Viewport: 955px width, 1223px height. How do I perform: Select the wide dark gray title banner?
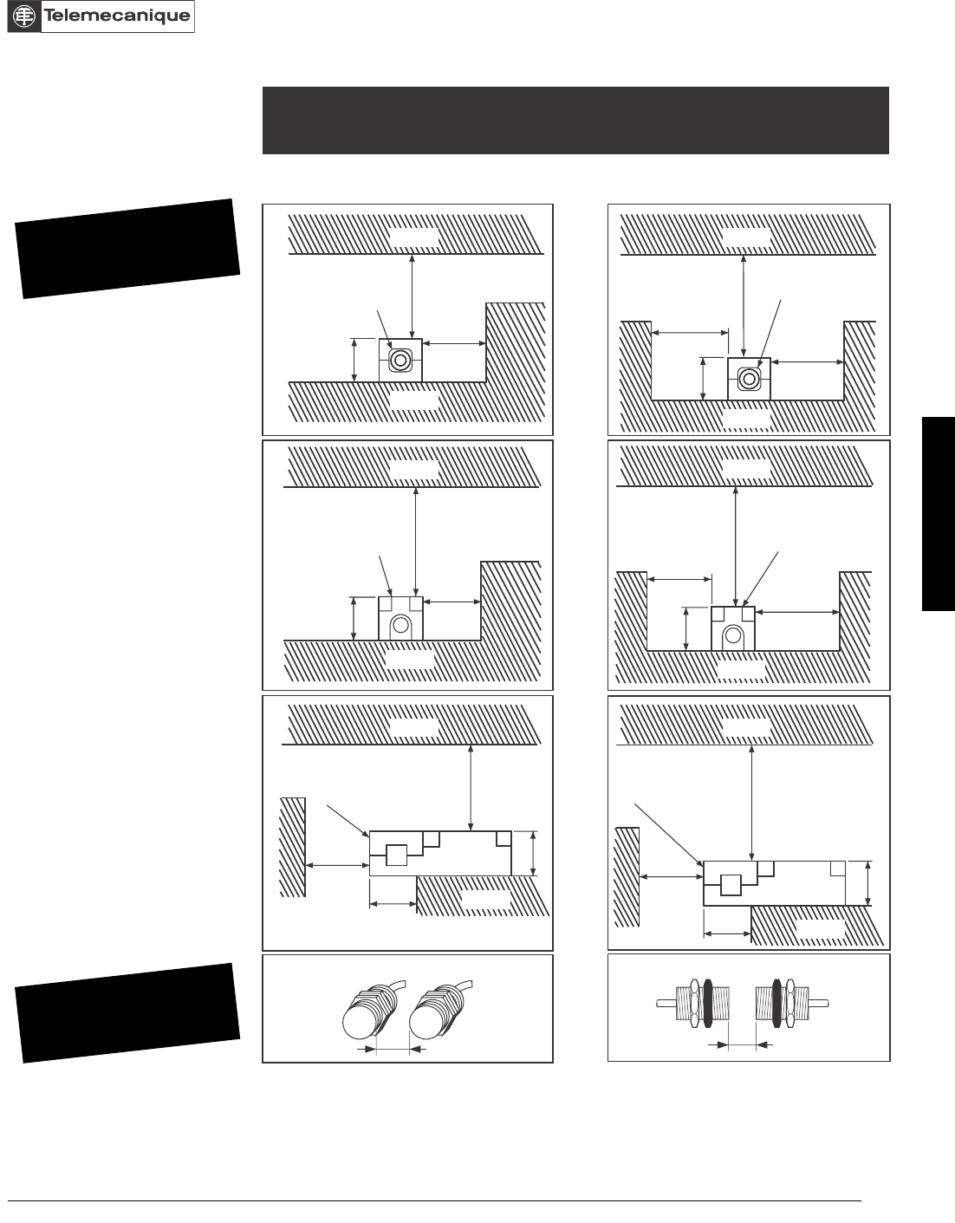(x=575, y=120)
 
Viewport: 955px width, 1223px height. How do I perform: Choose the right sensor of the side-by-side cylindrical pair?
(x=436, y=1010)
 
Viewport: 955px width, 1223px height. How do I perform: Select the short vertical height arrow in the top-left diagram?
(x=354, y=360)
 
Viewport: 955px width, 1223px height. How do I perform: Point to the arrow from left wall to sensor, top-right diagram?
(x=689, y=332)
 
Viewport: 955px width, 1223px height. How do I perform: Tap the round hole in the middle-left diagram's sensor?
(x=400, y=624)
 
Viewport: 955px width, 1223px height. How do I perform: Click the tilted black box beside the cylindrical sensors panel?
(x=127, y=1012)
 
